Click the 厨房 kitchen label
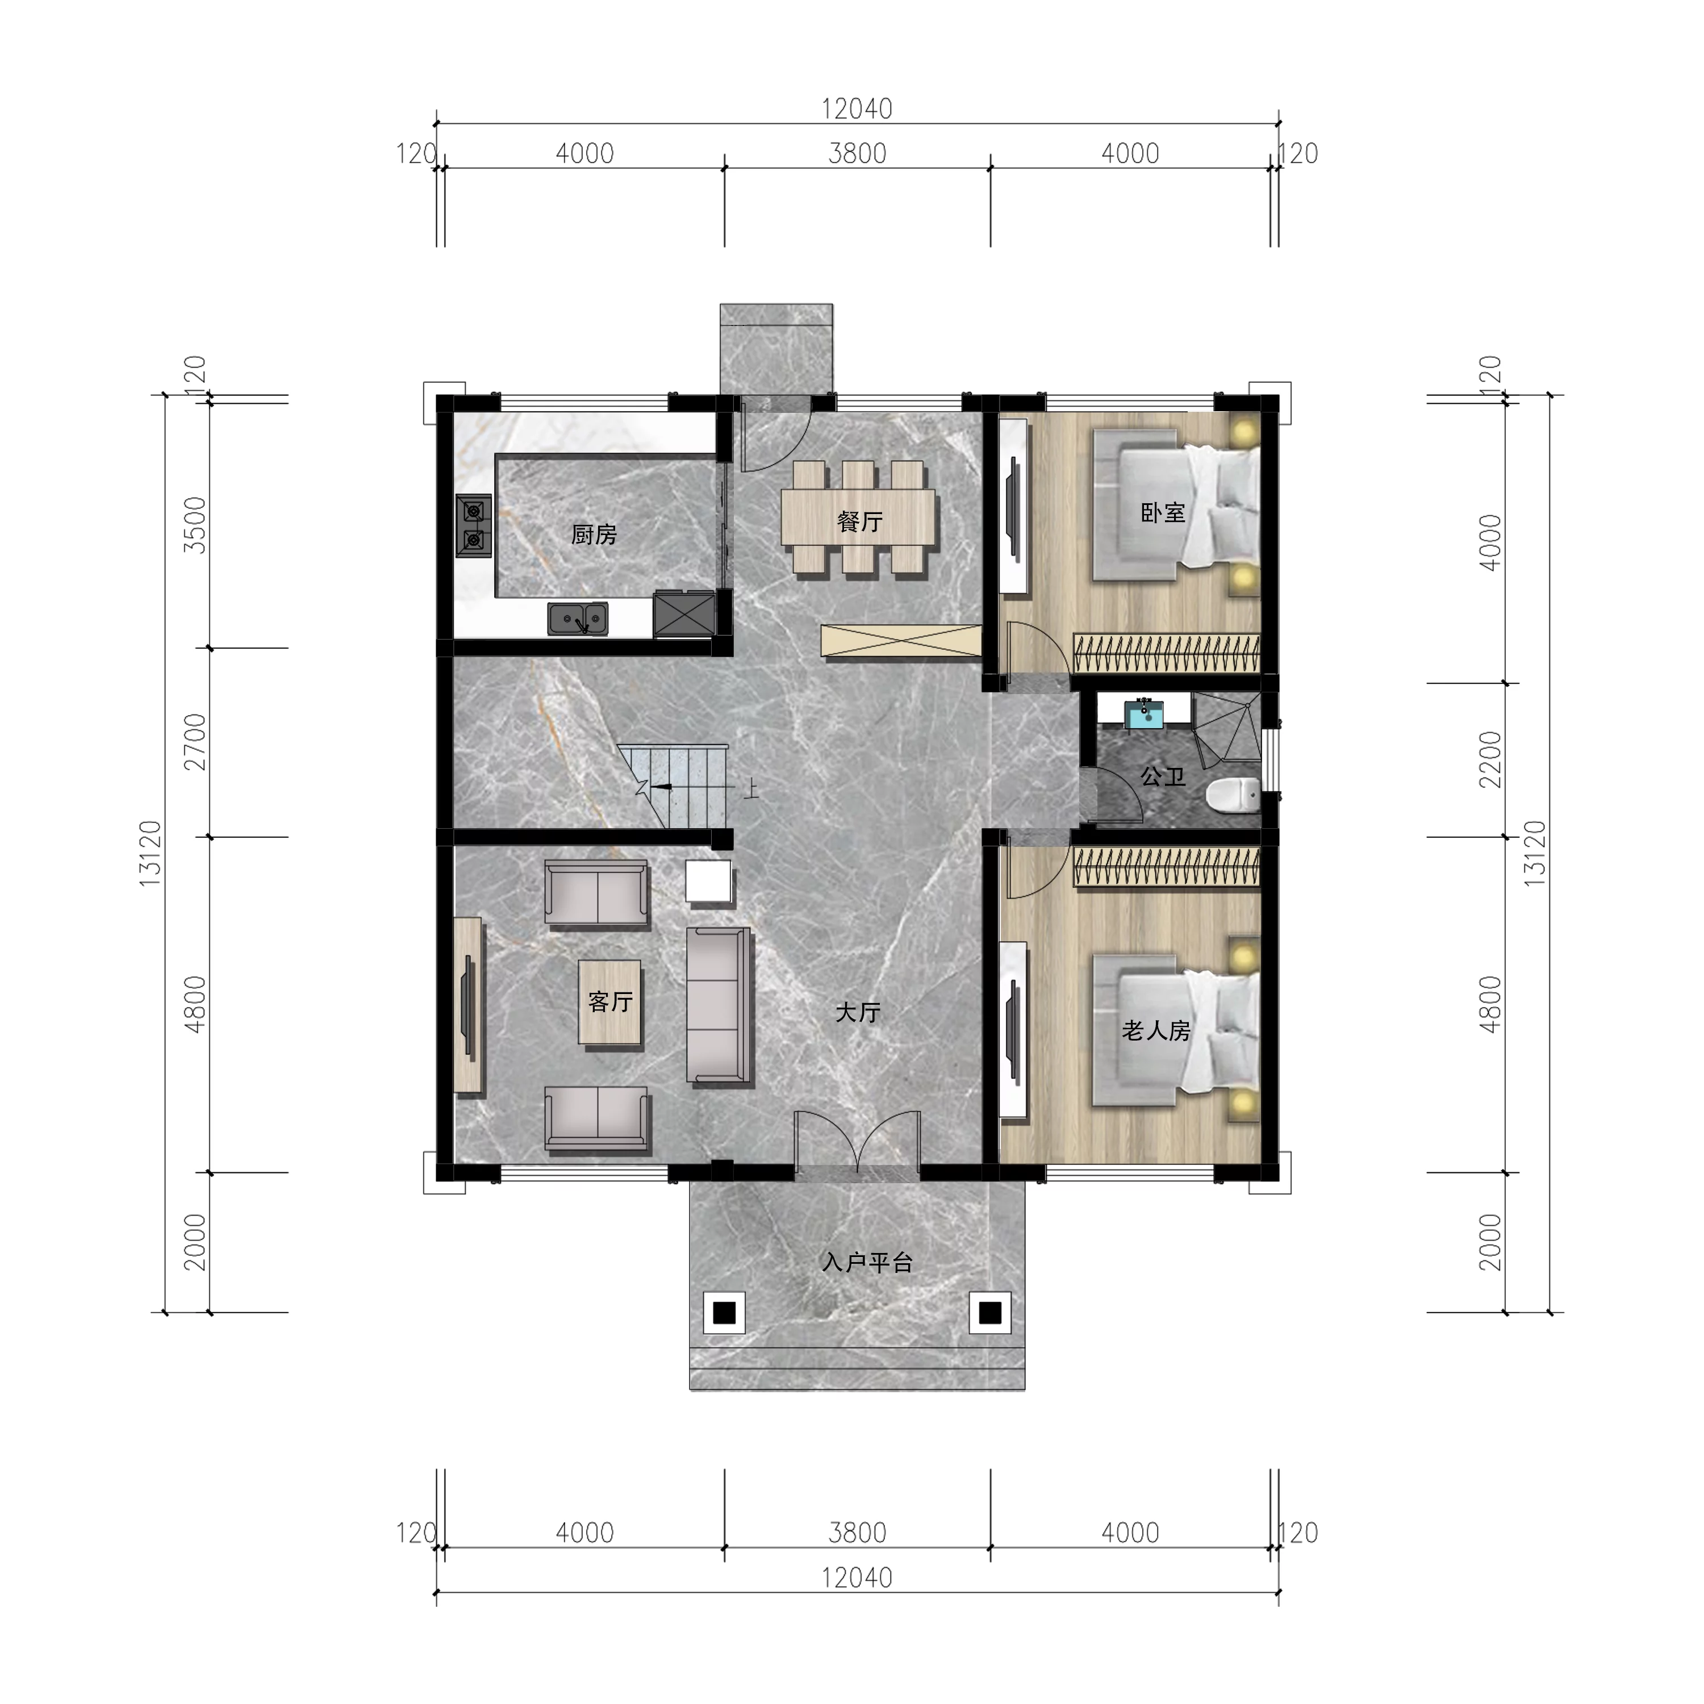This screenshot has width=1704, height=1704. click(x=594, y=534)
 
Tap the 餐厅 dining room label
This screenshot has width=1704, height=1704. click(x=859, y=521)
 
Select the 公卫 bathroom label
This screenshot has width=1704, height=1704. click(x=1163, y=776)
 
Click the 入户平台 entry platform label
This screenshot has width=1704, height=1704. click(x=867, y=1263)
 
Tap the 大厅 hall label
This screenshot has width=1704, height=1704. click(x=857, y=1013)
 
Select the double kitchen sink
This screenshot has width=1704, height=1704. click(x=578, y=619)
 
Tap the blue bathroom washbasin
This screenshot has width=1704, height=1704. click(x=1145, y=713)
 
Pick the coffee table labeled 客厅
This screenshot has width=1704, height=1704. click(x=609, y=1002)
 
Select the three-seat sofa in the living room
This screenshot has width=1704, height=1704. click(x=720, y=1005)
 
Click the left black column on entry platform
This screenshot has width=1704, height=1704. click(x=724, y=1313)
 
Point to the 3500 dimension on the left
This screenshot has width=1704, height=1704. click(x=195, y=525)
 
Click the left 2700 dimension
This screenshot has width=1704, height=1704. click(x=195, y=742)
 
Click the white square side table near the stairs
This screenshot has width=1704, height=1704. click(x=709, y=881)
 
